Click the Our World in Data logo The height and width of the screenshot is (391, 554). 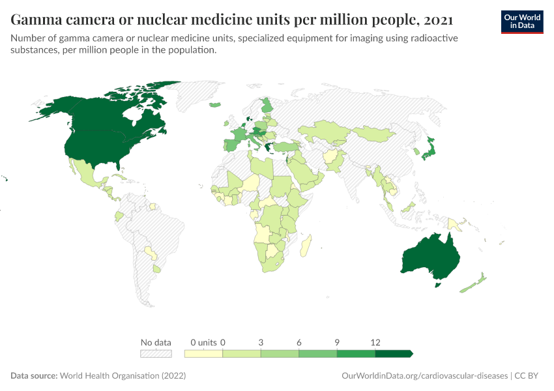tap(521, 22)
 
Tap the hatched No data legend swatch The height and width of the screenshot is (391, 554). tap(156, 353)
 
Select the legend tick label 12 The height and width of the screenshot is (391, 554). tap(375, 342)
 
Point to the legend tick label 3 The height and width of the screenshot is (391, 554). tap(261, 342)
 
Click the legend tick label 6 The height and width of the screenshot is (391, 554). tap(299, 342)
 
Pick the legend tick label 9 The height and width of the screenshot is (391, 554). tap(337, 342)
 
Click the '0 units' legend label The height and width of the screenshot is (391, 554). tap(203, 342)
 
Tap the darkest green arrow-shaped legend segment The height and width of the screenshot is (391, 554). tap(394, 353)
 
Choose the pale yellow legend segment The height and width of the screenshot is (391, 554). tap(203, 353)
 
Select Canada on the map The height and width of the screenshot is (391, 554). tap(111, 114)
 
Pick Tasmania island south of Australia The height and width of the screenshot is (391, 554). tap(439, 285)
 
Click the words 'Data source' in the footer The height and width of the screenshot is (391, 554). tap(34, 376)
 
